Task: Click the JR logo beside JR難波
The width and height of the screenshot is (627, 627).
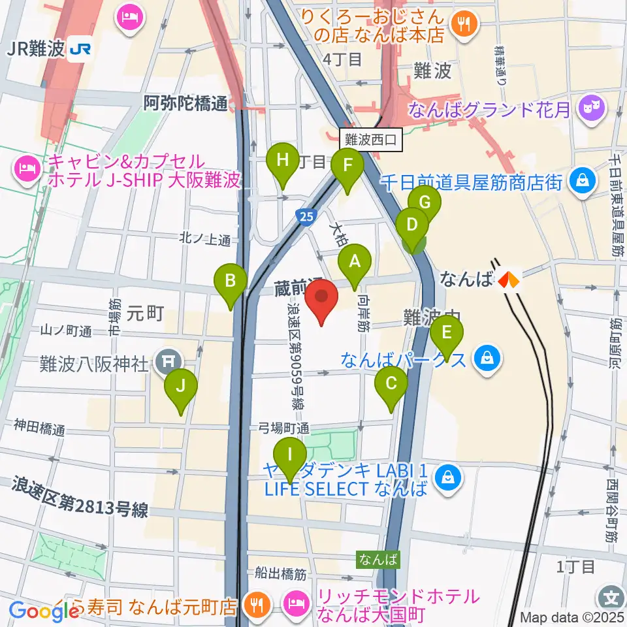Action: pyautogui.click(x=81, y=49)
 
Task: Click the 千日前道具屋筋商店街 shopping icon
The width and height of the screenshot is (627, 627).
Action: pyautogui.click(x=580, y=181)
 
